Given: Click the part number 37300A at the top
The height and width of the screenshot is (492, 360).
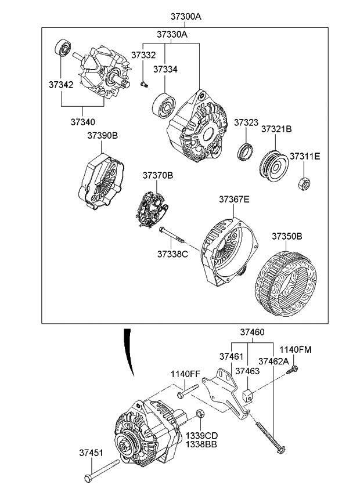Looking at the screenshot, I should point(186,17).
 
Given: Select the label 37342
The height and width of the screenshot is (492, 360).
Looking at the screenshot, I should point(60,85).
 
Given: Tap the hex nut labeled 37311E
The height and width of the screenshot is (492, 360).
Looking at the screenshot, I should point(303,184).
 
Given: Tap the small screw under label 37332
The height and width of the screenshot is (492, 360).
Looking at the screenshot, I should point(145,85).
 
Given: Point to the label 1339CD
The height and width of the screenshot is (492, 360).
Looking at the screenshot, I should point(201,435).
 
